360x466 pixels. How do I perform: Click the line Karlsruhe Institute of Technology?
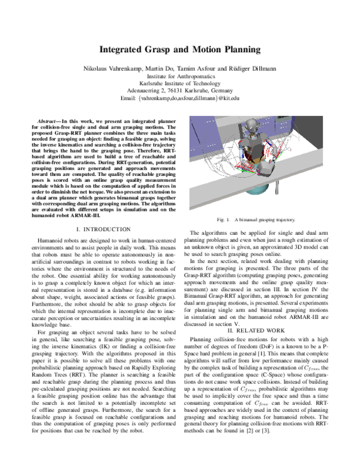pos(180,83)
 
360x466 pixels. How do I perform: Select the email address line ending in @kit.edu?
pos(180,97)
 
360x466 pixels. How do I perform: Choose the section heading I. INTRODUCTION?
pos(100,229)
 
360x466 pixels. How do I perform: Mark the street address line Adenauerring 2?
pos(180,90)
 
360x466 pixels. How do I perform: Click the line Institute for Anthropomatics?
pos(180,76)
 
